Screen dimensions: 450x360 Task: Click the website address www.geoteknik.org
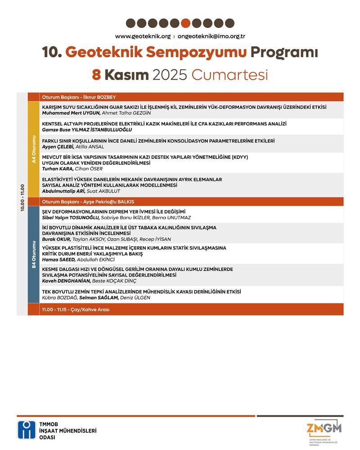pyautogui.click(x=143, y=36)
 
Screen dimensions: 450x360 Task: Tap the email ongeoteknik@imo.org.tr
pyautogui.click(x=211, y=36)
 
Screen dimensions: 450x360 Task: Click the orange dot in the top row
pyautogui.click(x=185, y=23)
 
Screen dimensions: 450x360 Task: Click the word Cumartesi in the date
pyautogui.click(x=229, y=74)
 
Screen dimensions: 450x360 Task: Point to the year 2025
pyautogui.click(x=170, y=74)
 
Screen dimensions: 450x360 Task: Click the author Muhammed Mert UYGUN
pyautogui.click(x=71, y=113)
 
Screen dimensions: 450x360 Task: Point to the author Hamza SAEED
pyautogui.click(x=58, y=260)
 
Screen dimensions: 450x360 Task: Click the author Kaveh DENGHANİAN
pyautogui.click(x=66, y=281)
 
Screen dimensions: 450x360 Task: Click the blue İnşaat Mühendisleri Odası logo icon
pyautogui.click(x=27, y=430)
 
